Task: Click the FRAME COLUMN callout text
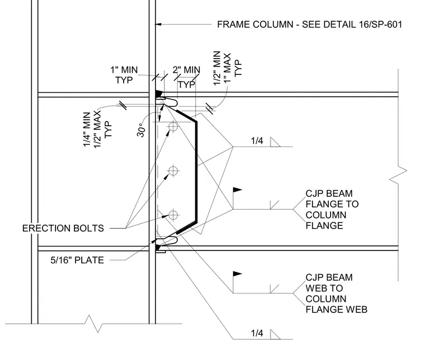pos(310,25)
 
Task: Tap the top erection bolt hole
pos(173,126)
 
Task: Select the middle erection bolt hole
pos(173,170)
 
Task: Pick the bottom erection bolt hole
pos(173,215)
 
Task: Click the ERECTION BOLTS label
pos(63,228)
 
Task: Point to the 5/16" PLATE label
pos(77,260)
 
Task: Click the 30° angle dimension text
pos(141,130)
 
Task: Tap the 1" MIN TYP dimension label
pos(124,75)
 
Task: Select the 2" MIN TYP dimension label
pos(186,77)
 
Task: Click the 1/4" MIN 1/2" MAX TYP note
pos(97,130)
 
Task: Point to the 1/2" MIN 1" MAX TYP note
pos(227,68)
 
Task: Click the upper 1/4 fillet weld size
pos(257,141)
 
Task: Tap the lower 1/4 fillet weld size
pos(257,333)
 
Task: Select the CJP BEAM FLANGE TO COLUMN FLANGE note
pos(332,210)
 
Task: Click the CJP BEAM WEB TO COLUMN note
pos(337,293)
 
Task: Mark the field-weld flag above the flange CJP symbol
pos(237,190)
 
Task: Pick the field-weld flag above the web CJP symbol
pos(237,273)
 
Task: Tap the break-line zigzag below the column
pos(93,324)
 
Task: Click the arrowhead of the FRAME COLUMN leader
pos(158,25)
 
